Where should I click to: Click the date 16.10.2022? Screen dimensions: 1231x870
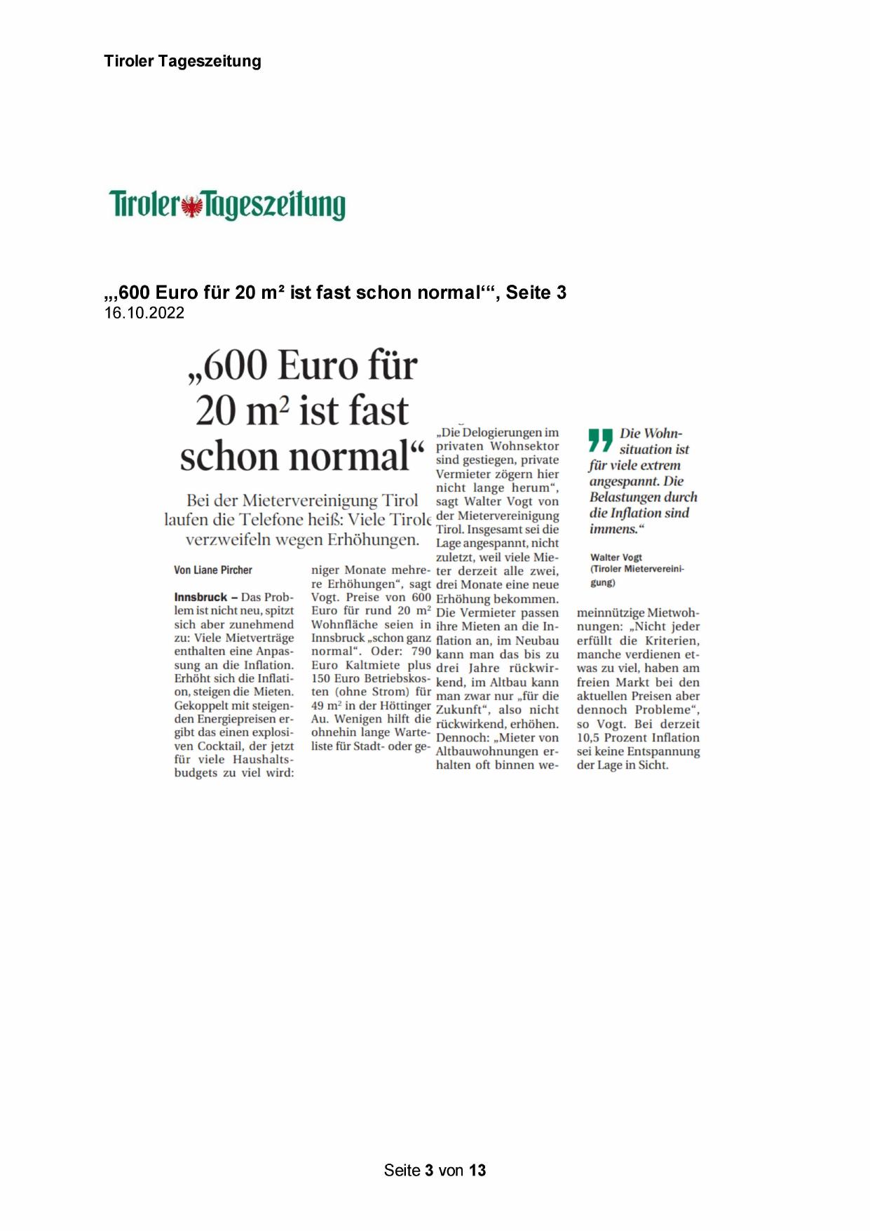(x=144, y=313)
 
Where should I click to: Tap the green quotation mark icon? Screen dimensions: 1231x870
(x=601, y=440)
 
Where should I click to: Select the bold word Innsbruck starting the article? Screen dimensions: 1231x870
(x=200, y=597)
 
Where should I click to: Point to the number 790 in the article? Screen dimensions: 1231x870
(x=421, y=651)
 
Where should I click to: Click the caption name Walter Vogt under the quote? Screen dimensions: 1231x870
(x=616, y=558)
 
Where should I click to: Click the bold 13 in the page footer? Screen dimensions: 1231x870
(x=477, y=1170)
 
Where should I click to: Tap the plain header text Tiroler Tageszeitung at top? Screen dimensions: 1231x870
(x=182, y=61)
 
